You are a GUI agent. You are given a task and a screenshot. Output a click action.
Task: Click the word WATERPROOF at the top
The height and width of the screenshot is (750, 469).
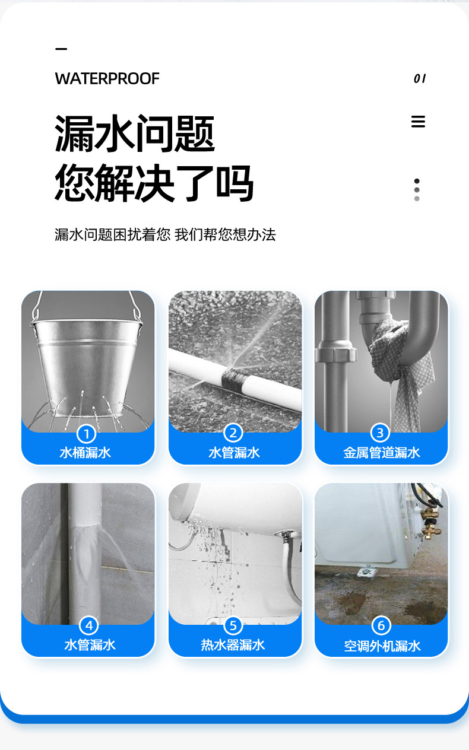[107, 79]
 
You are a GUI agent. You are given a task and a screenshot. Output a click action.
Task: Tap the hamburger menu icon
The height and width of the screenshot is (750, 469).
[418, 122]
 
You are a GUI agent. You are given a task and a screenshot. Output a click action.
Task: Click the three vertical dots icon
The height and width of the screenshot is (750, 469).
[417, 190]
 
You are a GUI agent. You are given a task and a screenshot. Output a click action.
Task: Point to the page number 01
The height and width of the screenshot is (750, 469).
[420, 78]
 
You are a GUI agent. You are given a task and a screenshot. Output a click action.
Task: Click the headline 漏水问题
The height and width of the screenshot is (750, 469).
[135, 134]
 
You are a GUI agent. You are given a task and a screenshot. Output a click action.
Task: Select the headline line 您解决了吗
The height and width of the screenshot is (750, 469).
[154, 183]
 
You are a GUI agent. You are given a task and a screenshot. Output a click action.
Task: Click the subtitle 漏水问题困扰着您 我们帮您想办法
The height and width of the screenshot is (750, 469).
[165, 234]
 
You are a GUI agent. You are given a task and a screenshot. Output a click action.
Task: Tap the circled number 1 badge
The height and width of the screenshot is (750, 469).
[87, 434]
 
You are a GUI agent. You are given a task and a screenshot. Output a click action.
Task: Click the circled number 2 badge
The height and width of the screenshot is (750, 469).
[233, 434]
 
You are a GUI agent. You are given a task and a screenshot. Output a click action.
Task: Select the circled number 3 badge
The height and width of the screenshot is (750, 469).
[381, 434]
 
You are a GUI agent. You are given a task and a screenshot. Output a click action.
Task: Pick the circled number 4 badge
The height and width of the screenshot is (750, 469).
[89, 625]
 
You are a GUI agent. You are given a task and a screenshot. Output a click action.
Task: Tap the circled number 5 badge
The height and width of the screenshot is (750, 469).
[233, 625]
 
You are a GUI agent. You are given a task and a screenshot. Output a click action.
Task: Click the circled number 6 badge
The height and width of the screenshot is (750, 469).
[381, 625]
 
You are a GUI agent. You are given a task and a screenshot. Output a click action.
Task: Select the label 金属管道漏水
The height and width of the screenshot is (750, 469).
[381, 453]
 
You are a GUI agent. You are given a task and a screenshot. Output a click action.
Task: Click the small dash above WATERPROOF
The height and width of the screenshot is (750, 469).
[61, 49]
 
